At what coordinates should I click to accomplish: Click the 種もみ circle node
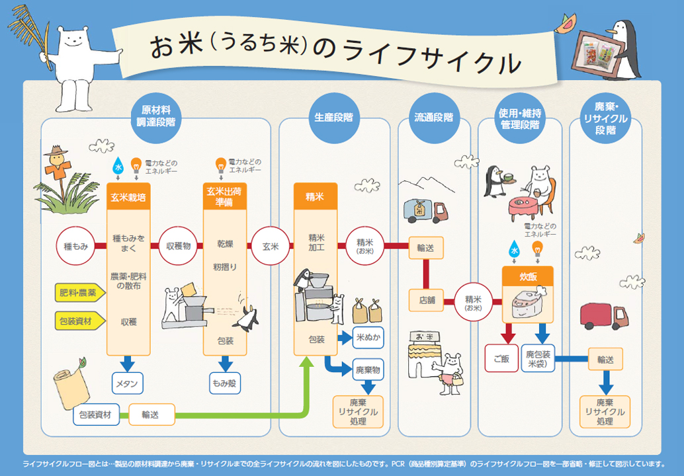[x=75, y=246]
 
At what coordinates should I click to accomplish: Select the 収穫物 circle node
[x=178, y=246]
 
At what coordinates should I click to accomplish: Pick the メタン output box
[x=128, y=383]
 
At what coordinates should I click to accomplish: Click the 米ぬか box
[x=367, y=337]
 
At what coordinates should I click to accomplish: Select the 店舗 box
[x=426, y=299]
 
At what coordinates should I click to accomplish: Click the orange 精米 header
[x=315, y=196]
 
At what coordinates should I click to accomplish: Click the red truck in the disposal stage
[x=603, y=317]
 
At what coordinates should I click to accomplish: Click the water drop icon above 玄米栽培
[x=118, y=165]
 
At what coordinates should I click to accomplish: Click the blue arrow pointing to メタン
[x=128, y=362]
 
